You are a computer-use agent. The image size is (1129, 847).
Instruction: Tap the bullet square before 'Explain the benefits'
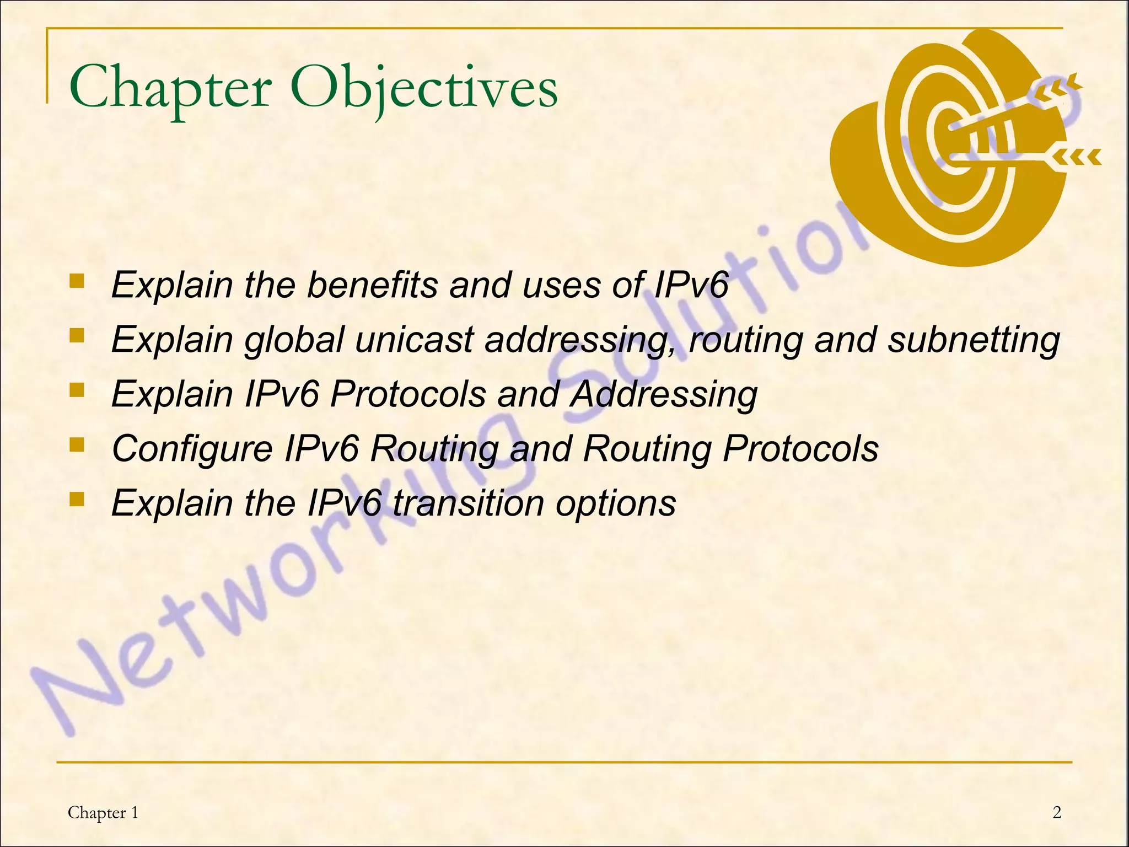click(77, 282)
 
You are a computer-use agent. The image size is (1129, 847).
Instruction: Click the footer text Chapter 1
click(103, 812)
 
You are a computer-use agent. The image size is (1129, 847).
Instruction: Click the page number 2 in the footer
click(1057, 812)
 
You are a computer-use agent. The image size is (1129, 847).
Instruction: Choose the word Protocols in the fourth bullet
click(800, 448)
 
